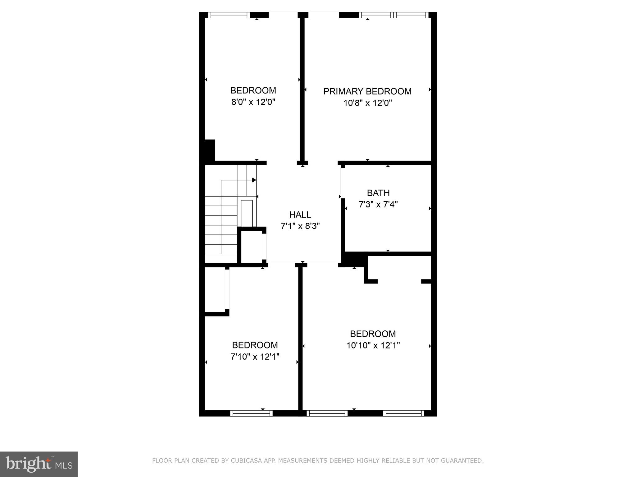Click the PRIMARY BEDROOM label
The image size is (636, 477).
367,91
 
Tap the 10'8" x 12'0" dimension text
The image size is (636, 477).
367,103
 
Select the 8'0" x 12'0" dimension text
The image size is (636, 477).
253,102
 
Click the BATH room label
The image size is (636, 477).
378,193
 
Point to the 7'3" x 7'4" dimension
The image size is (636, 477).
378,205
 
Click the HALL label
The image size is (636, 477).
300,215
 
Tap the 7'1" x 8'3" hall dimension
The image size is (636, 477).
300,226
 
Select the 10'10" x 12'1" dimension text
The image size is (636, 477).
373,345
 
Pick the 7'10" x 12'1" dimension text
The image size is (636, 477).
255,357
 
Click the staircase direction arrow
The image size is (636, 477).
254,180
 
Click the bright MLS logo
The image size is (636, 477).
39,464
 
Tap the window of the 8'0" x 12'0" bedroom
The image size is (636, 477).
229,15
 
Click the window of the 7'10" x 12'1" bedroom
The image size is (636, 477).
251,413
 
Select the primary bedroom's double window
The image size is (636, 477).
393,15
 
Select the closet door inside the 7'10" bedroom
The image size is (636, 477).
227,289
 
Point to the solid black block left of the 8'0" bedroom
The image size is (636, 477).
210,151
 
